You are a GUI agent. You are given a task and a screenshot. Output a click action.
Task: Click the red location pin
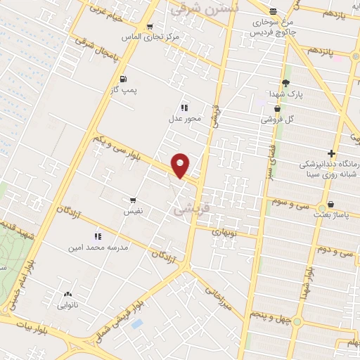(x=181, y=165)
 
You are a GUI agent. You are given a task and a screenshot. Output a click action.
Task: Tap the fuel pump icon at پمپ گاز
(x=124, y=79)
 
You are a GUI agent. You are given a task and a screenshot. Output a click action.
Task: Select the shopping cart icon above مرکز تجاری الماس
(x=150, y=27)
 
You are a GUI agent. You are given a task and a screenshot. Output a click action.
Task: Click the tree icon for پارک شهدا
(x=285, y=82)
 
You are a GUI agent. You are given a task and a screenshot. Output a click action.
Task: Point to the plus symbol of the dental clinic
(x=330, y=154)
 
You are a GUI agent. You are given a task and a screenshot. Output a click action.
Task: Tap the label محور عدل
(x=184, y=118)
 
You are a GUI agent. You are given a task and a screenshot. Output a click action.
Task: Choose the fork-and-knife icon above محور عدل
(x=184, y=108)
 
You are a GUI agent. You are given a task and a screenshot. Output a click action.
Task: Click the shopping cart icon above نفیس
(x=133, y=200)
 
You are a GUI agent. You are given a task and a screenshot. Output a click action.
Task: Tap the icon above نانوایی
(x=67, y=295)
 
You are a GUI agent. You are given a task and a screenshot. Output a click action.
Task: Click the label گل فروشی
(x=278, y=120)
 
